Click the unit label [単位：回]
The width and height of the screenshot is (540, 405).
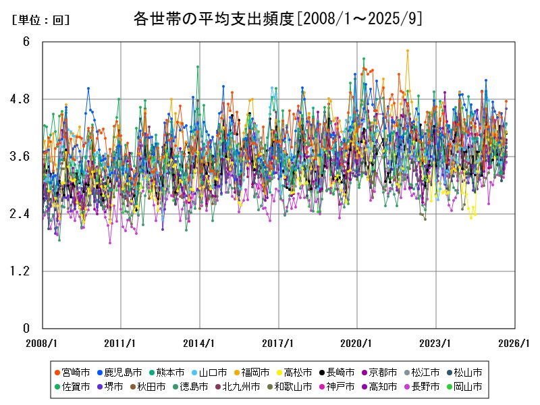pos(40,20)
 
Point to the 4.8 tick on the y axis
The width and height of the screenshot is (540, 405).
pos(22,99)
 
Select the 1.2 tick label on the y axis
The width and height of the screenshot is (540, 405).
pos(22,271)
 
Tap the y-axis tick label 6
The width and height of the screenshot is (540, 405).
pos(26,42)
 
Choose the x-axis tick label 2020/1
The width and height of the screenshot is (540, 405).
pos(357,343)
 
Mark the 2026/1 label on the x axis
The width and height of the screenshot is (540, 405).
pos(514,343)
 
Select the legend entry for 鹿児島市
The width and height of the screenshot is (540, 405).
pos(119,372)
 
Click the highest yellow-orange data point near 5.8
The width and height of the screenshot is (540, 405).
pos(408,51)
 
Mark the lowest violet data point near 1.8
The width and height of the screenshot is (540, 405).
pos(110,242)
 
